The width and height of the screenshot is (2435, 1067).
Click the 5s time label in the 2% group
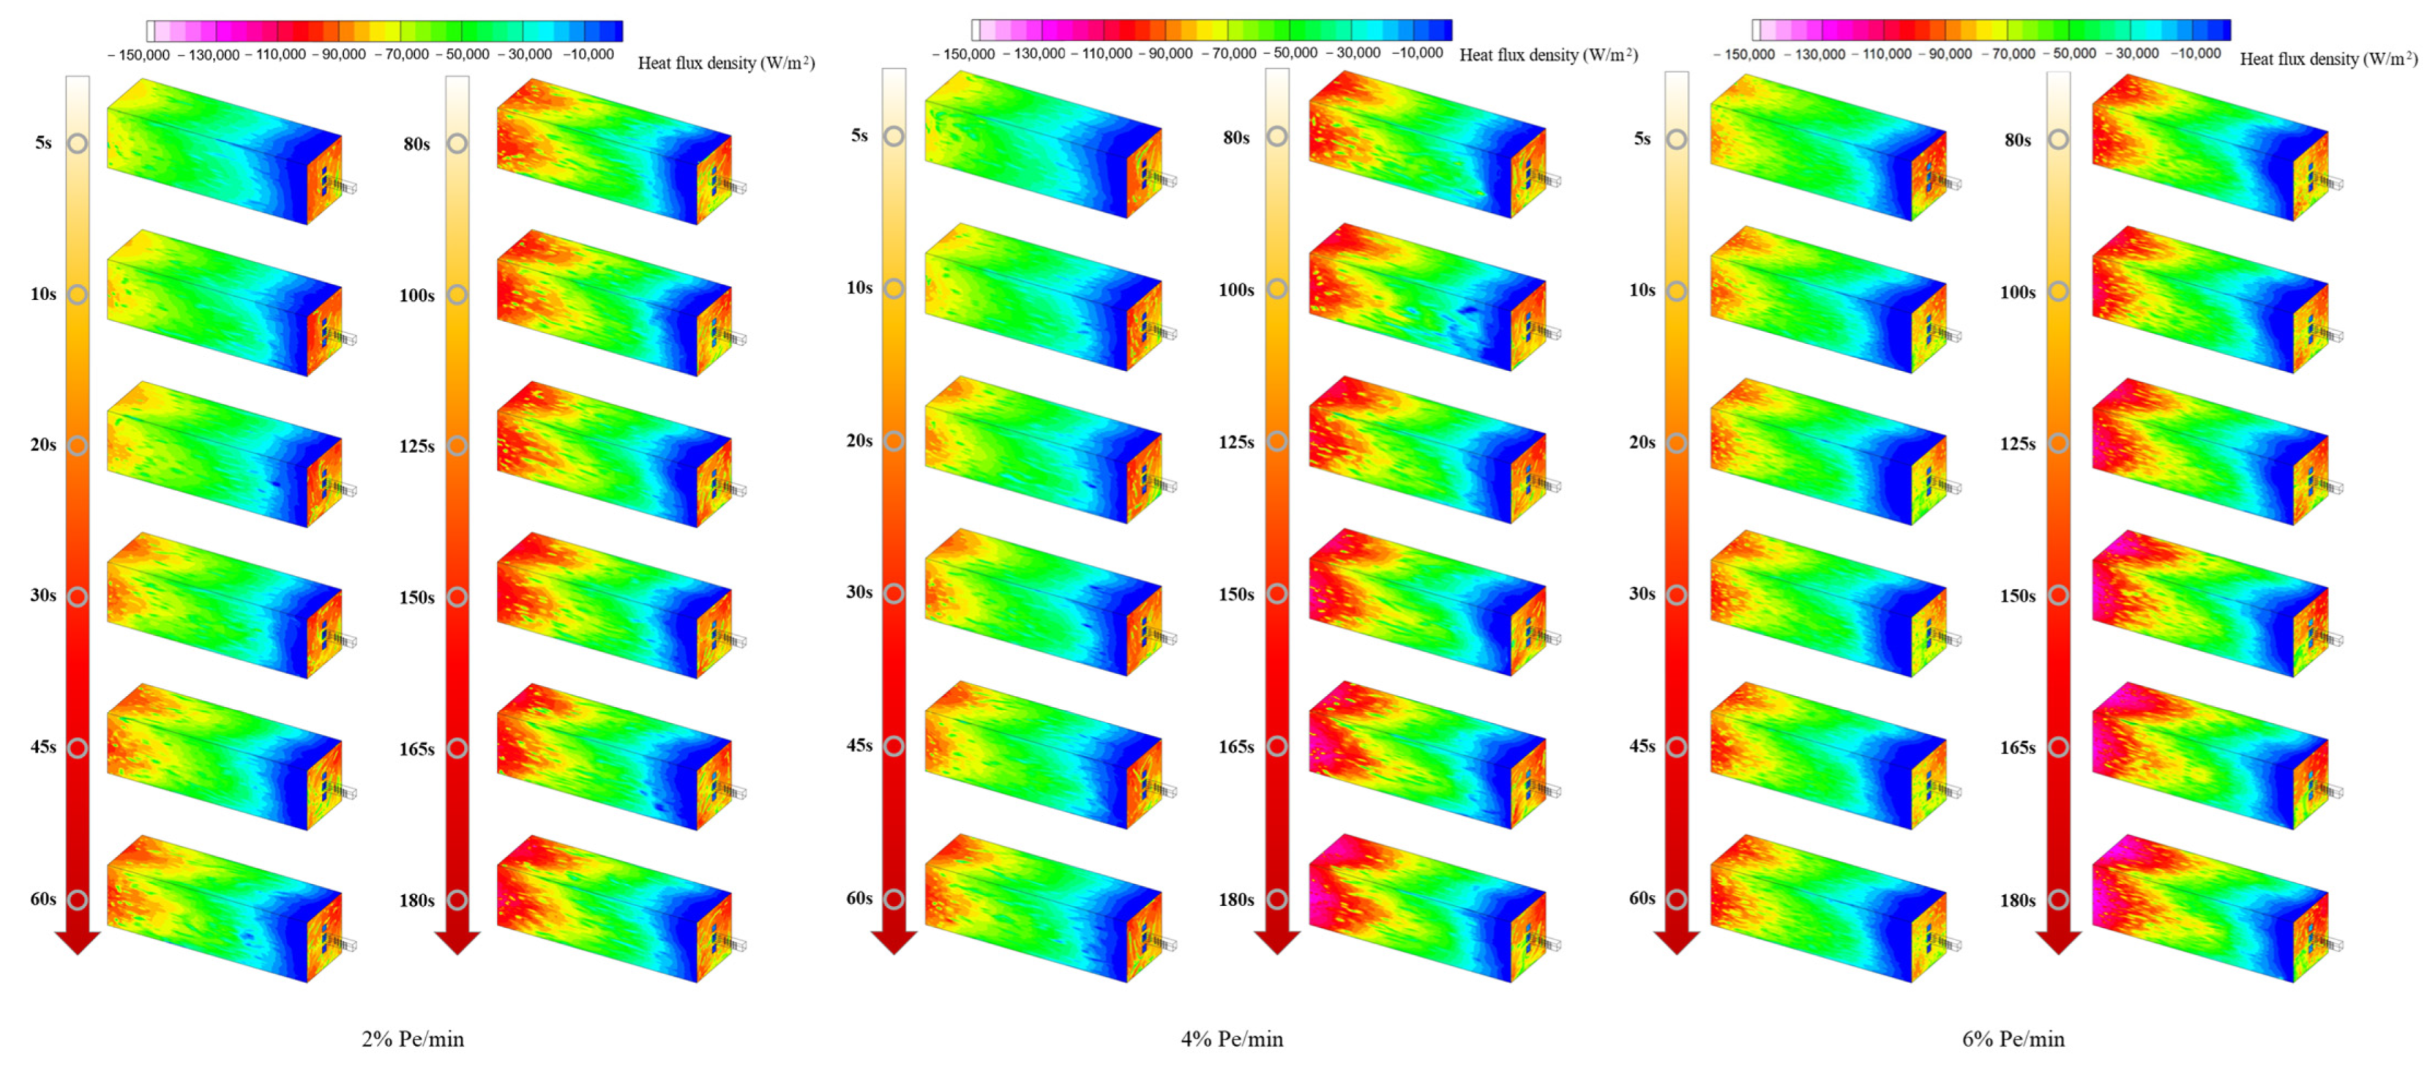pyautogui.click(x=44, y=143)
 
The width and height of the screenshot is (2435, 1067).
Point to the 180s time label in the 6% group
pyautogui.click(x=2017, y=901)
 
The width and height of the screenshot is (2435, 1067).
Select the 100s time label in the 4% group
pyautogui.click(x=1237, y=290)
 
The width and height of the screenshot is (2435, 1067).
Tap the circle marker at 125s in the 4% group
pyautogui.click(x=1277, y=441)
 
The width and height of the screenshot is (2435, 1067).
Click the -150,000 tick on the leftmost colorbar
pyautogui.click(x=139, y=55)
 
